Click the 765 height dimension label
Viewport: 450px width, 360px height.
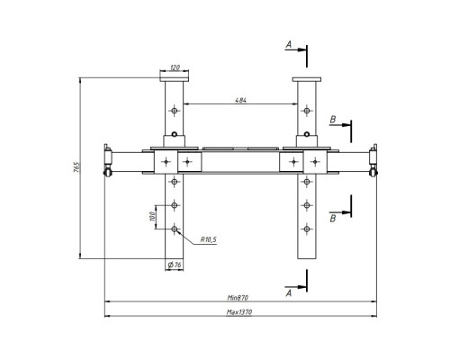tap(76, 167)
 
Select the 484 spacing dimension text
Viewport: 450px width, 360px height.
tap(240, 100)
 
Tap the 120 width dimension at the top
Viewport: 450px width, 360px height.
tap(175, 67)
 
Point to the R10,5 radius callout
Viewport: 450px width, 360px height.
tap(209, 239)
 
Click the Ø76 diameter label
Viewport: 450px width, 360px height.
tap(175, 265)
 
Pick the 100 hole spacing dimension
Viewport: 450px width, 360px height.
tap(152, 216)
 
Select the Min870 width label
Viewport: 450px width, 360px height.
tap(238, 298)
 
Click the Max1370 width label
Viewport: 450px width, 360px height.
tap(239, 312)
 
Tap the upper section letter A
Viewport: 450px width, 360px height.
tap(289, 45)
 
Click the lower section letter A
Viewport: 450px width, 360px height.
tap(289, 293)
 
